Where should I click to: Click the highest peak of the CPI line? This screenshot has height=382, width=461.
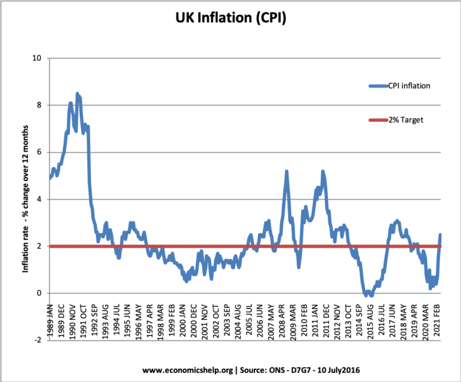tap(77, 94)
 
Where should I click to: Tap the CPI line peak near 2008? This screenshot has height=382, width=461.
tap(286, 172)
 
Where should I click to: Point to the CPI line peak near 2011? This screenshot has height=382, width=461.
tap(323, 172)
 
